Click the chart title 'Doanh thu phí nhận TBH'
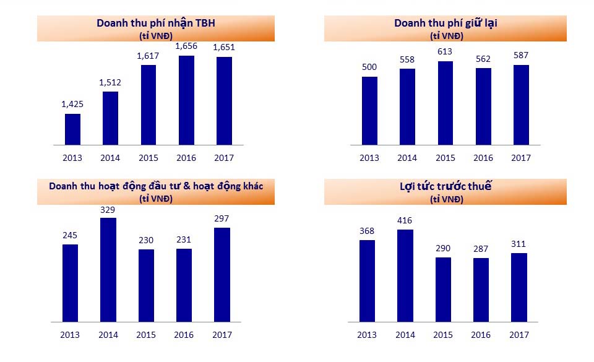[155, 23]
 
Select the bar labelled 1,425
[72, 129]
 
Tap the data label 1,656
[186, 46]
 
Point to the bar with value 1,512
[110, 118]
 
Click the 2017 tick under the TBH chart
[223, 158]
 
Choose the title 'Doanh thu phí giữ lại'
[446, 23]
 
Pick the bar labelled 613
[445, 103]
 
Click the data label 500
[369, 67]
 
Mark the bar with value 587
[521, 105]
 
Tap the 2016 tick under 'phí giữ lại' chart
[483, 158]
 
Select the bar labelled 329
[108, 270]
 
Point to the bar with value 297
[222, 275]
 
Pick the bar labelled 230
[146, 285]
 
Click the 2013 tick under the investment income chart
[70, 335]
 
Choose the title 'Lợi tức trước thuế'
[446, 187]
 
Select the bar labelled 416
[405, 275]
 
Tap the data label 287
[481, 249]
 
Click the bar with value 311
[519, 287]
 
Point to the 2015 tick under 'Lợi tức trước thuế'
[442, 335]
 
